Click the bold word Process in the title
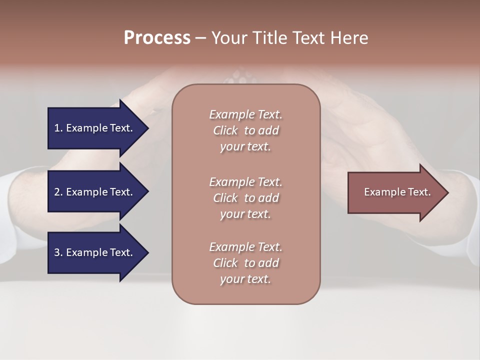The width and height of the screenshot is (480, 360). [x=157, y=37]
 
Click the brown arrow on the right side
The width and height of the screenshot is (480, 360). [x=395, y=192]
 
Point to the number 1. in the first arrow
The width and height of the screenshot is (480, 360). [x=58, y=128]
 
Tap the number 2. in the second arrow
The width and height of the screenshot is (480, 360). [x=58, y=192]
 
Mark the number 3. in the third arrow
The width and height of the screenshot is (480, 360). [x=58, y=252]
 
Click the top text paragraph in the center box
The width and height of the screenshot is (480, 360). [x=245, y=130]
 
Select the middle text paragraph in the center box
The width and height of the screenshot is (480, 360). [x=245, y=198]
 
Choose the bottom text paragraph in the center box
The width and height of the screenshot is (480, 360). [x=245, y=263]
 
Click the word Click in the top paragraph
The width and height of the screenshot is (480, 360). [x=225, y=130]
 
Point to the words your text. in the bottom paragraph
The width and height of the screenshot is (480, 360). [x=245, y=279]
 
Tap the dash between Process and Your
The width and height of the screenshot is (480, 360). [x=200, y=38]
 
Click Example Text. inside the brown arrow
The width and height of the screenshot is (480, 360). [x=397, y=192]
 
